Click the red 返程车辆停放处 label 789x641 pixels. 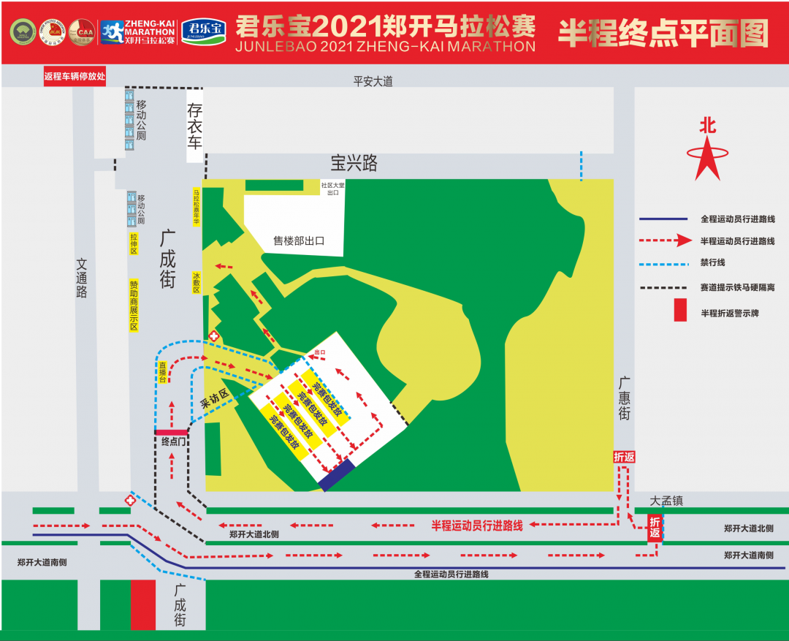click(x=75, y=76)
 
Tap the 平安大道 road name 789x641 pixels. click(x=373, y=81)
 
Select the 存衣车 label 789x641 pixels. click(x=194, y=126)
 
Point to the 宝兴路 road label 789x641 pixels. click(x=354, y=162)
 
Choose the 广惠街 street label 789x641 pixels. click(x=624, y=398)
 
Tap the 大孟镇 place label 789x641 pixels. click(x=666, y=501)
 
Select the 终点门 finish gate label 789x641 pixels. click(x=175, y=441)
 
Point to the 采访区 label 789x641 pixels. click(x=215, y=398)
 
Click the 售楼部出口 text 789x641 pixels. click(x=298, y=240)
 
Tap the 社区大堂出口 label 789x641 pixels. click(x=332, y=189)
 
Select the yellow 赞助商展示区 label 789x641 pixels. click(x=134, y=305)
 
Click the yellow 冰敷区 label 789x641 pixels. click(x=197, y=283)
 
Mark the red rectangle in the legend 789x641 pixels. click(x=680, y=310)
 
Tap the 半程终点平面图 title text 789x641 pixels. click(x=663, y=32)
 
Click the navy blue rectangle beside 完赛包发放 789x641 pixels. click(x=337, y=474)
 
